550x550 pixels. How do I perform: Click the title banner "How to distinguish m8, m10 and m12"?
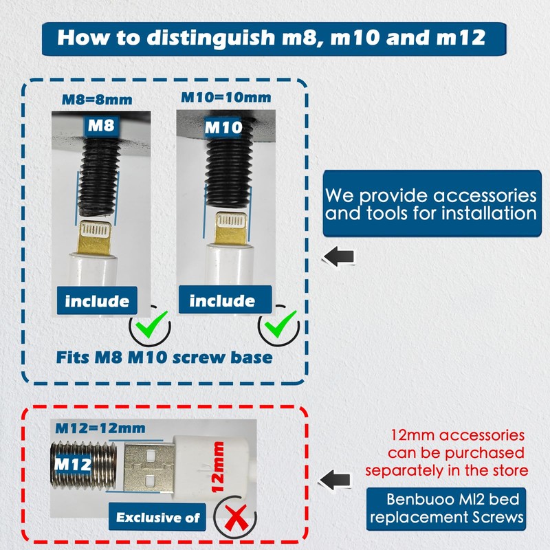[274, 38]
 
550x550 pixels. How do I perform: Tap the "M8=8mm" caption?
[97, 100]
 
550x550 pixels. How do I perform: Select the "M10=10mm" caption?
[226, 98]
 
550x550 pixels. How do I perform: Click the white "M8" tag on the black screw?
[101, 126]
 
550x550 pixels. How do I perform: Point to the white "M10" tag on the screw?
[223, 127]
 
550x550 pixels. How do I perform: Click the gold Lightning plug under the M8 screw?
[96, 238]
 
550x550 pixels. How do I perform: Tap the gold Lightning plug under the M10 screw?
[231, 228]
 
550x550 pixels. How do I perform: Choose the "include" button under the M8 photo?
[97, 300]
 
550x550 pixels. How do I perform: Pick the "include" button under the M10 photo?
[225, 300]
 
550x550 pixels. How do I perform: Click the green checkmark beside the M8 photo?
[151, 324]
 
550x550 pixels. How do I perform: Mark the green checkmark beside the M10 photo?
[280, 324]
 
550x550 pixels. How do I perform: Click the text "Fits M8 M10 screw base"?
[164, 357]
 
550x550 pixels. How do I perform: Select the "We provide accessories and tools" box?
[432, 203]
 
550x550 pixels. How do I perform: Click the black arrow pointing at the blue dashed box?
[338, 256]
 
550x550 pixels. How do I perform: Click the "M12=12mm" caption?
[100, 428]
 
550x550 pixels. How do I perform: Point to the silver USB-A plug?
[149, 469]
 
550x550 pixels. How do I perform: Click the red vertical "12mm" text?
[217, 467]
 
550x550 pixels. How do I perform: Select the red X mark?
[235, 518]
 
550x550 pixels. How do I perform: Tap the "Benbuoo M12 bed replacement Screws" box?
[446, 509]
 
